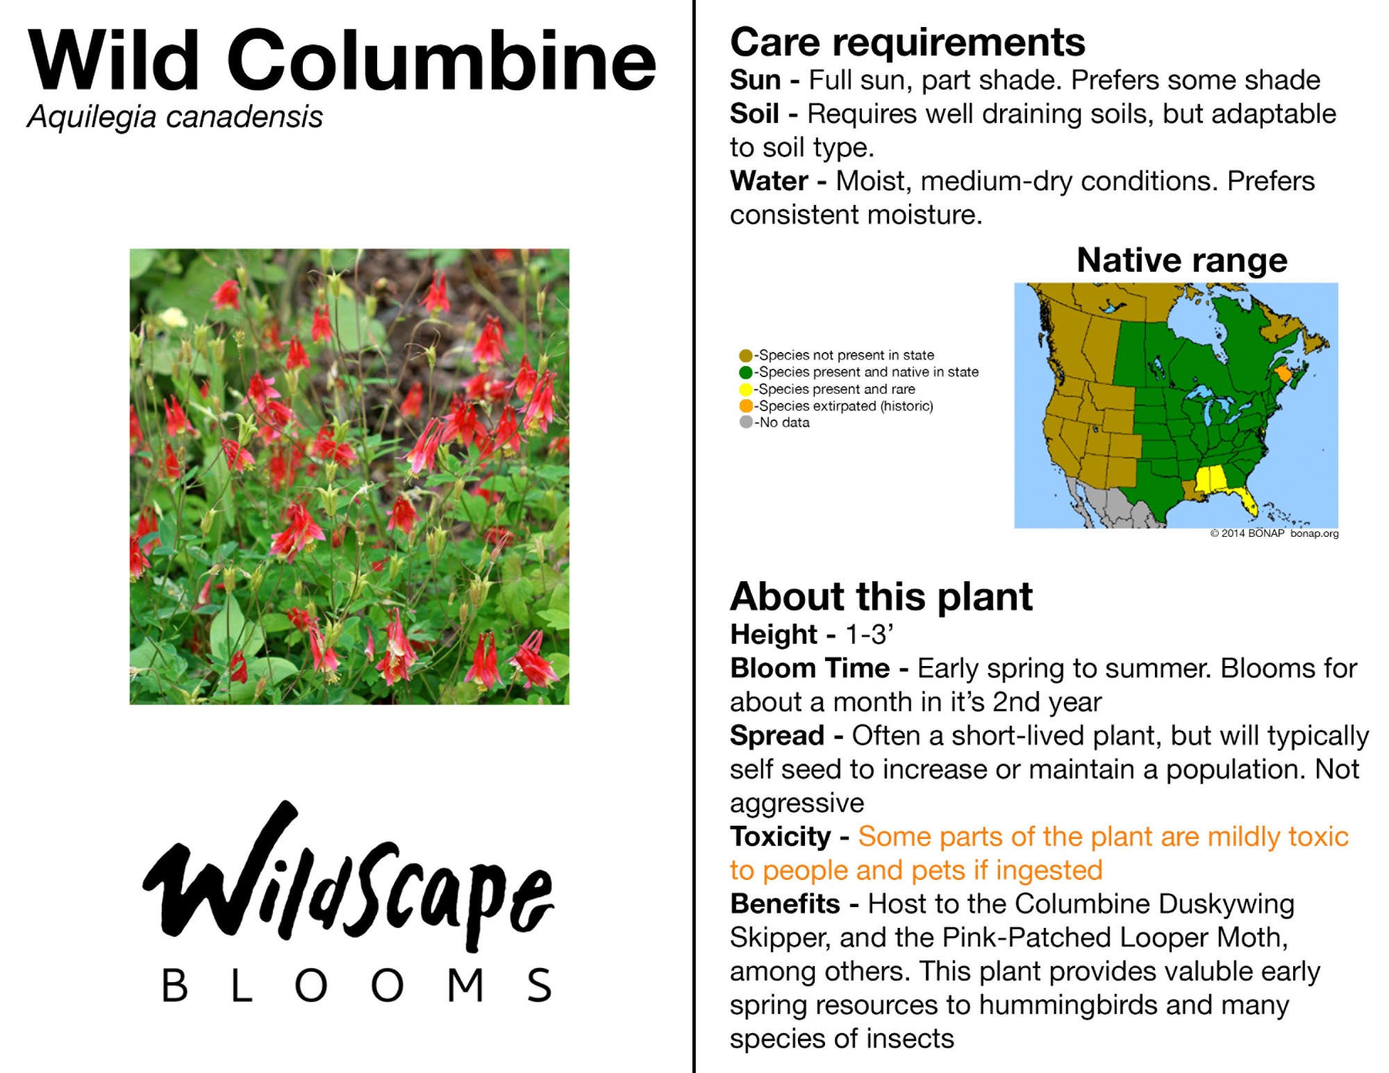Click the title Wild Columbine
342,60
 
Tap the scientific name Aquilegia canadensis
175,117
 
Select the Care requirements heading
907,42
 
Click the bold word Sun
756,81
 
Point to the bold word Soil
754,114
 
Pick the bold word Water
769,181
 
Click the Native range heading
1182,260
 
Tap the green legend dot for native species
746,372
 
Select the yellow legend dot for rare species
746,389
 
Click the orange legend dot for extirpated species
746,406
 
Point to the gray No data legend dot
746,422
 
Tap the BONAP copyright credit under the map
1274,533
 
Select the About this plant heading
881,597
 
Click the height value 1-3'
869,635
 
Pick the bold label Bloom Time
810,668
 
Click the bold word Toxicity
780,837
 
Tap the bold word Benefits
785,904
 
